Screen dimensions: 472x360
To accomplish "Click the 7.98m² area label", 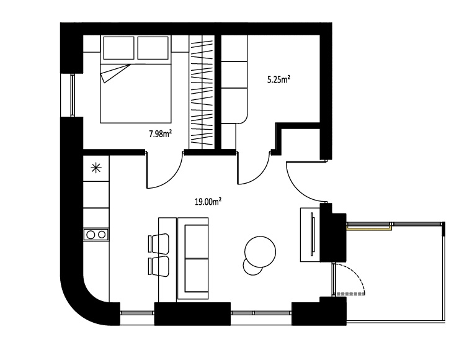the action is click(x=161, y=133).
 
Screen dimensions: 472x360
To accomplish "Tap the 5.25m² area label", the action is click(x=278, y=79).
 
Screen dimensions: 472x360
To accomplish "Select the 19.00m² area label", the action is click(x=208, y=202).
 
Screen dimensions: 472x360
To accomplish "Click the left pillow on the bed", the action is click(x=118, y=48).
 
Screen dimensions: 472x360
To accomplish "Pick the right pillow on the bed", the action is click(x=153, y=48).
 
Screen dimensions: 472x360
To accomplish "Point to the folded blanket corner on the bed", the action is click(x=114, y=73).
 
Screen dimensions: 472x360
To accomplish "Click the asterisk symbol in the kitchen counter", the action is click(x=96, y=168).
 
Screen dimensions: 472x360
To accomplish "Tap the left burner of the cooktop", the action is click(x=91, y=235).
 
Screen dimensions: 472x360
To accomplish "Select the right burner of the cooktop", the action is click(x=102, y=235).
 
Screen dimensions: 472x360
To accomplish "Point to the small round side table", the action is click(x=252, y=268).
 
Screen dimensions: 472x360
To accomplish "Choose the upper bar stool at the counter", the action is click(x=159, y=243).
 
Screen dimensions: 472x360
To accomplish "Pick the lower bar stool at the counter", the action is click(x=159, y=266).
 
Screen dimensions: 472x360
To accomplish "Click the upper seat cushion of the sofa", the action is click(x=196, y=241).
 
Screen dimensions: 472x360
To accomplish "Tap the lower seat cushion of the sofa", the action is click(x=196, y=275).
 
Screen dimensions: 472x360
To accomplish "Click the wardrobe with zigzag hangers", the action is click(x=202, y=92).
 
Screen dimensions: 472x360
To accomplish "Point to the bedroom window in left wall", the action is click(x=73, y=95).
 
